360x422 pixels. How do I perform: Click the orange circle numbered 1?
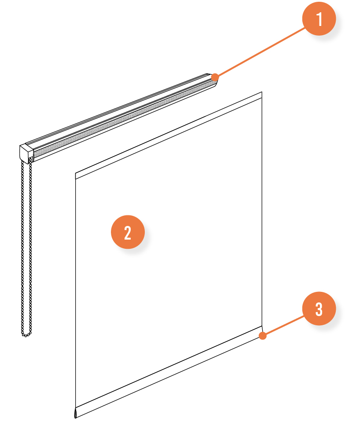[x=319, y=18]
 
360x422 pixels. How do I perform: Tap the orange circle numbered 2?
[x=128, y=232]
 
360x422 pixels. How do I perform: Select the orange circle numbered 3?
[x=319, y=309]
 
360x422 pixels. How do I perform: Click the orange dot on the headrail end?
[x=215, y=77]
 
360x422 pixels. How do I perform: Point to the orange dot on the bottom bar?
[x=263, y=336]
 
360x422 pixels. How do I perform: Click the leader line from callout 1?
[x=260, y=52]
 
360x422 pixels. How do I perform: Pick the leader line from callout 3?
[x=284, y=326]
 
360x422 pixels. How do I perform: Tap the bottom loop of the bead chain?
[x=26, y=335]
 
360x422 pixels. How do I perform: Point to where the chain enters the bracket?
[x=30, y=160]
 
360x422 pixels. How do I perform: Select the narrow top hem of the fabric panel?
[x=169, y=135]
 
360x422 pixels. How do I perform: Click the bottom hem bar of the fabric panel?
[x=169, y=372]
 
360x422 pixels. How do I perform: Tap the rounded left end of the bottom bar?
[x=75, y=413]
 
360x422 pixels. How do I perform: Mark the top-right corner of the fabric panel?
[x=262, y=92]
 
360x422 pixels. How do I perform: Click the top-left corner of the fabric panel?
[x=75, y=173]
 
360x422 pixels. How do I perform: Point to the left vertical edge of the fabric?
[x=75, y=291]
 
